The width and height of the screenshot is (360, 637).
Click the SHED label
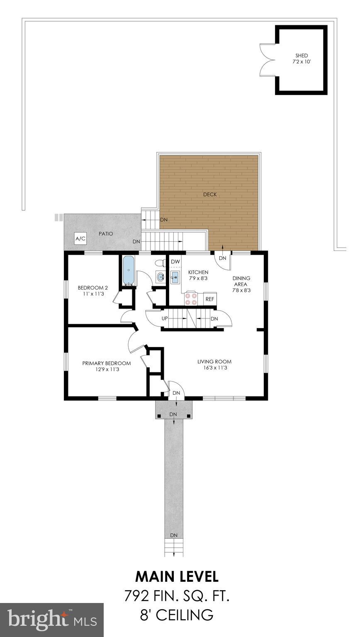pos(302,56)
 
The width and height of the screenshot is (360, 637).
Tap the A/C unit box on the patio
pos(80,238)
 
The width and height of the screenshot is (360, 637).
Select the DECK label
pos(210,194)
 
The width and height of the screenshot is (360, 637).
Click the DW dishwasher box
pos(175,262)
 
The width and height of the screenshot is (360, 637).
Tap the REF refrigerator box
pos(210,299)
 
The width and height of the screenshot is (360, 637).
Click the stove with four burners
pos(192,299)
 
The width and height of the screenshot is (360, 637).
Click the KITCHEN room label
pos(198,272)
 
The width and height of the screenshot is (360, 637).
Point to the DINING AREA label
pos(241,281)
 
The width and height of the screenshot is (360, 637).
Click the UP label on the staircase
pos(164,318)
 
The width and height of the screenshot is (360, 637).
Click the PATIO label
pos(106,233)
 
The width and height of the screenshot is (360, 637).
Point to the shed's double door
pos(267,60)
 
